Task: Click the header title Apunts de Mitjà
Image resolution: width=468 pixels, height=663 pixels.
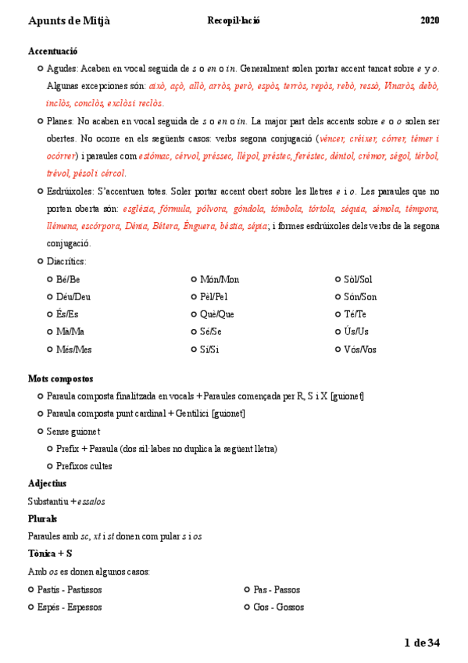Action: [x=69, y=20]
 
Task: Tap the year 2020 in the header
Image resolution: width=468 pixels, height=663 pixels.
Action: [x=430, y=20]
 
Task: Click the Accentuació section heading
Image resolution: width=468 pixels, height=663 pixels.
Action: [x=52, y=51]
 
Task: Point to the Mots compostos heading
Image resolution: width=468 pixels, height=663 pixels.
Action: [x=61, y=378]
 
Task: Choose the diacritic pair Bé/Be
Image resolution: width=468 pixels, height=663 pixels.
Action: [x=68, y=279]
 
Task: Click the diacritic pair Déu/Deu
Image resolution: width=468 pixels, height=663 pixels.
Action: [x=73, y=296]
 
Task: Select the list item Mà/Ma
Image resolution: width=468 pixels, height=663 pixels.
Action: [x=70, y=331]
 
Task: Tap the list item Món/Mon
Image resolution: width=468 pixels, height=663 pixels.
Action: [x=220, y=279]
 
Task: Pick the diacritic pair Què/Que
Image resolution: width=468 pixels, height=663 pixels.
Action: [x=217, y=314]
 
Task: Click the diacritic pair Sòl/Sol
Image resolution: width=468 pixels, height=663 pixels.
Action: [x=358, y=279]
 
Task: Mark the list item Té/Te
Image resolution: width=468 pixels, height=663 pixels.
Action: [x=355, y=314]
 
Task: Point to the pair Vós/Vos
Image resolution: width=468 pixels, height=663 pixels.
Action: [x=360, y=349]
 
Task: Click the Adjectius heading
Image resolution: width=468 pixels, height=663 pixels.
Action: [x=47, y=483]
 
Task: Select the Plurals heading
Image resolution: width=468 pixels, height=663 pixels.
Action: [x=42, y=518]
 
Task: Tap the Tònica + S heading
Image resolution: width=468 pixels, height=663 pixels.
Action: [x=50, y=554]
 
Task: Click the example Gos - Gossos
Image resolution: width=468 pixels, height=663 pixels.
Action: [x=278, y=607]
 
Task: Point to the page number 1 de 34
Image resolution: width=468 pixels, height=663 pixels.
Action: [x=422, y=643]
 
